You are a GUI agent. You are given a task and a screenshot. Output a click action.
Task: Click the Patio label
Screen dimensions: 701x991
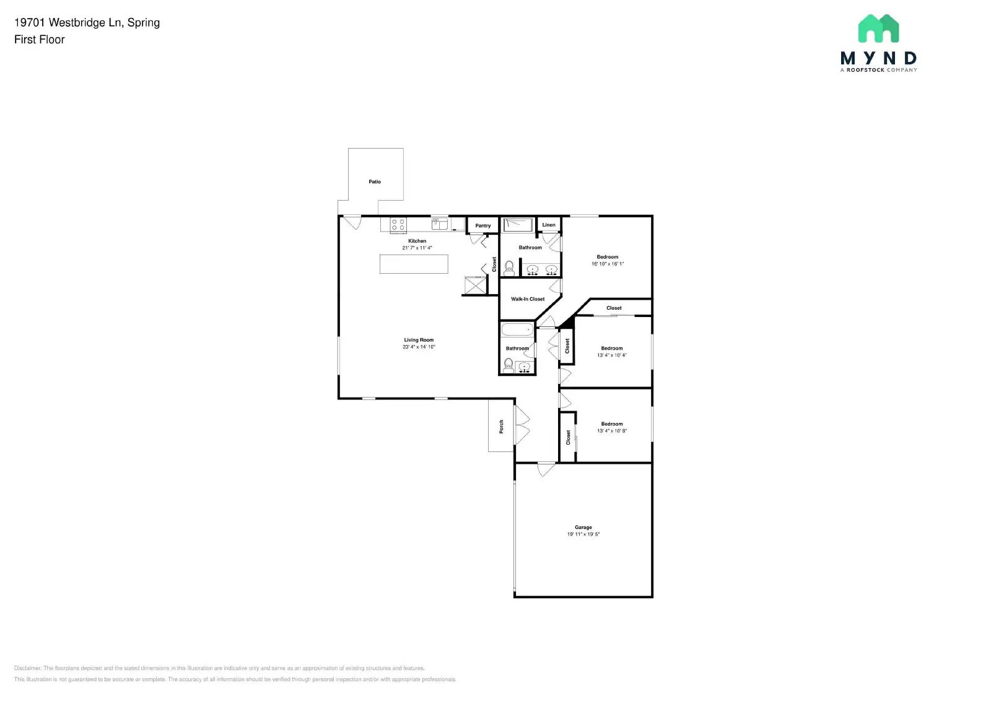click(375, 181)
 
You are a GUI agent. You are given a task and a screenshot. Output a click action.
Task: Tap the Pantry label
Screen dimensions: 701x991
click(483, 225)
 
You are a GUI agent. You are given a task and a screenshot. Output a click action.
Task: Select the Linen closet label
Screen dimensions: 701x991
click(549, 225)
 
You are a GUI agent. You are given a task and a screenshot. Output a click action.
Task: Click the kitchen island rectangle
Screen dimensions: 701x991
click(414, 264)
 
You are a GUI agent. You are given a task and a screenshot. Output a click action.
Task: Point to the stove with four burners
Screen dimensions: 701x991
click(398, 224)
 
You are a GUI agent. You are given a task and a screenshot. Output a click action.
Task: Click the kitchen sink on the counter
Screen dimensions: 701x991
click(440, 224)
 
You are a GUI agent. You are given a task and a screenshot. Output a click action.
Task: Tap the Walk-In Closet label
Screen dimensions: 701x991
click(528, 299)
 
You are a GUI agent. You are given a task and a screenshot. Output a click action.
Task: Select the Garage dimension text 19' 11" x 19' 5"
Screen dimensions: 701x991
click(583, 534)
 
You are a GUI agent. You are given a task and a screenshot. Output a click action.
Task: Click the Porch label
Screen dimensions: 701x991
click(501, 426)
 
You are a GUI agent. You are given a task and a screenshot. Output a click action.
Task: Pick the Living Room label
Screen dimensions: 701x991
click(419, 340)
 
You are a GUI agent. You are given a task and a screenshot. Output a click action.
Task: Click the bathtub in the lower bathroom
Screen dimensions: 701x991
click(517, 329)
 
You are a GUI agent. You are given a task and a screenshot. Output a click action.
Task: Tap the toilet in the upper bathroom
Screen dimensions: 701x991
click(510, 268)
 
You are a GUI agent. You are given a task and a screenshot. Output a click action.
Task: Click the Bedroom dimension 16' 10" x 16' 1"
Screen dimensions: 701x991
click(608, 264)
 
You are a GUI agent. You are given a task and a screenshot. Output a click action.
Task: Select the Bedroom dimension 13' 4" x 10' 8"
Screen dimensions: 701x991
click(612, 431)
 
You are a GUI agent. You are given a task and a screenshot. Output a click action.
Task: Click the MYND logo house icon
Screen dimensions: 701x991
click(878, 28)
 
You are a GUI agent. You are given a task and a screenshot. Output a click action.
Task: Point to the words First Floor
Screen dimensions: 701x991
click(40, 40)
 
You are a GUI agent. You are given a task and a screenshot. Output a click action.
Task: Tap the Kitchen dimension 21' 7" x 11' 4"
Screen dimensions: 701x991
click(417, 248)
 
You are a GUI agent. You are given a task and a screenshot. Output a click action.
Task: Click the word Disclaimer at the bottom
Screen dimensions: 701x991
click(27, 668)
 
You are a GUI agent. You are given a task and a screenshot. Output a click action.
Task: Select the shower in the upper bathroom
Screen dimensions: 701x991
click(518, 225)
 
